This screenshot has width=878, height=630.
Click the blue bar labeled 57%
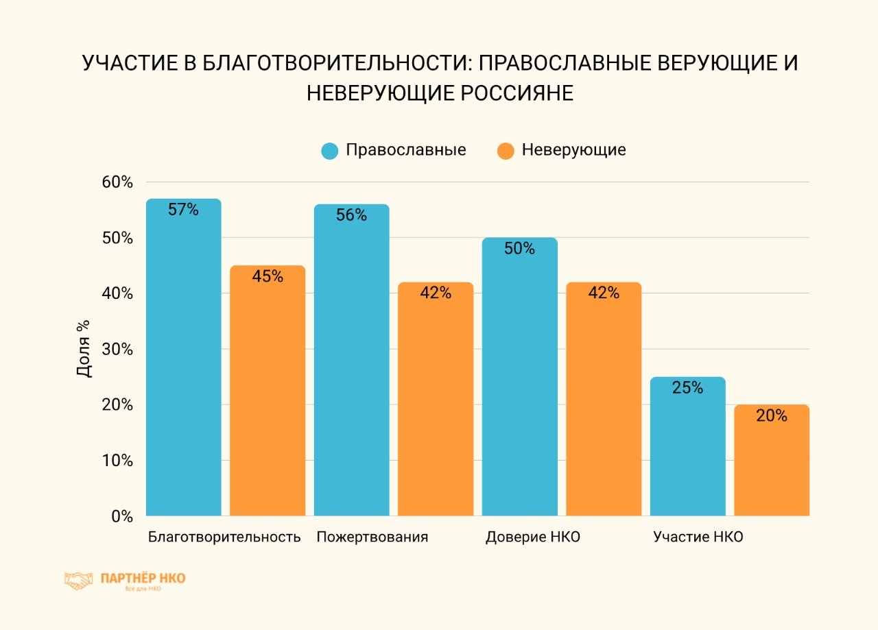[x=184, y=356]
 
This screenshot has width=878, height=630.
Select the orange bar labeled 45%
[x=268, y=391]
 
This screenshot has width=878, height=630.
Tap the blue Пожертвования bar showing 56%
[x=351, y=360]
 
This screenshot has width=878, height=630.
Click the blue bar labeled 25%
[x=687, y=446]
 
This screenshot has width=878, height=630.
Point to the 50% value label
[x=519, y=249]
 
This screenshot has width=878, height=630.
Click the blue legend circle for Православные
[x=330, y=151]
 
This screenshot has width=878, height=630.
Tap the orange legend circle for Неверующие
[x=506, y=151]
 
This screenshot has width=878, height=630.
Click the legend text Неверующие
[x=573, y=150]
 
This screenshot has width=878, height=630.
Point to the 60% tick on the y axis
[x=117, y=182]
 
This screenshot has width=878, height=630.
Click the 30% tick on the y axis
[x=117, y=350]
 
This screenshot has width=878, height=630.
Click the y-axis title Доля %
[x=83, y=348]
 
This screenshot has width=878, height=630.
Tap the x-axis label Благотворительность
[x=224, y=537]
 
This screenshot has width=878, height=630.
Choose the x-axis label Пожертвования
[x=372, y=537]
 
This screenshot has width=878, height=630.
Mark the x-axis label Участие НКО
[x=698, y=537]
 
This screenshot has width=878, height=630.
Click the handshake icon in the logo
[x=78, y=581]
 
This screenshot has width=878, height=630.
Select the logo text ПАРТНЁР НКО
[x=143, y=578]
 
